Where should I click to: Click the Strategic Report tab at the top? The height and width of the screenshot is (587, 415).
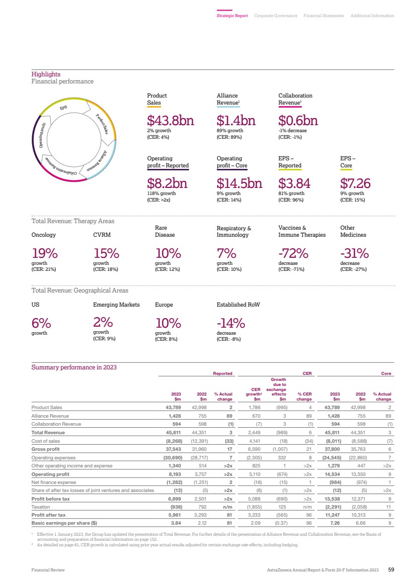(x=232, y=16)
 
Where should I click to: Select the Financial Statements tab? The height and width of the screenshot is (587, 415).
(x=323, y=16)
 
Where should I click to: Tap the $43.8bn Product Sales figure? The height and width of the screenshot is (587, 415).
(x=171, y=121)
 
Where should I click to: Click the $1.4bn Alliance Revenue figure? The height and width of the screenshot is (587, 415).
(x=236, y=121)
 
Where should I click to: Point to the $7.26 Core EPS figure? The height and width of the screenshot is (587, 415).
(x=355, y=183)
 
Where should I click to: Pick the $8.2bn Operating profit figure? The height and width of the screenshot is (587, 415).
(x=167, y=183)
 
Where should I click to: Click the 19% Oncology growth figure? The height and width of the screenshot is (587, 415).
(x=45, y=253)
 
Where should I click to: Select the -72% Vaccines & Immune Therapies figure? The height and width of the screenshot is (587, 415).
(x=293, y=253)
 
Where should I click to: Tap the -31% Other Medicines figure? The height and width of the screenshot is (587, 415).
(x=354, y=253)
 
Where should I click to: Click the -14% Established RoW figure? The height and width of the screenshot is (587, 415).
(x=231, y=323)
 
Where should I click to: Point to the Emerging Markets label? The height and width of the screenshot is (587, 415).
(x=116, y=305)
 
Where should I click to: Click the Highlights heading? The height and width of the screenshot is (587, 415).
(x=46, y=74)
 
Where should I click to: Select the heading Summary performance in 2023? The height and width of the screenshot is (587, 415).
(x=74, y=367)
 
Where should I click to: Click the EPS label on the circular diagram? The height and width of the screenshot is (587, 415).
(x=64, y=108)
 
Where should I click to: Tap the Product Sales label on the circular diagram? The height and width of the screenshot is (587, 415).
(x=102, y=124)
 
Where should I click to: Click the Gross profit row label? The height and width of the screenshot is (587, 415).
(x=45, y=449)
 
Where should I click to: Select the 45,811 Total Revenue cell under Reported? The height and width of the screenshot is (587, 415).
(x=174, y=432)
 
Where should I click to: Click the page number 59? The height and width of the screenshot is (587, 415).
(x=391, y=569)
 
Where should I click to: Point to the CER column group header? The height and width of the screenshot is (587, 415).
(x=307, y=373)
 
